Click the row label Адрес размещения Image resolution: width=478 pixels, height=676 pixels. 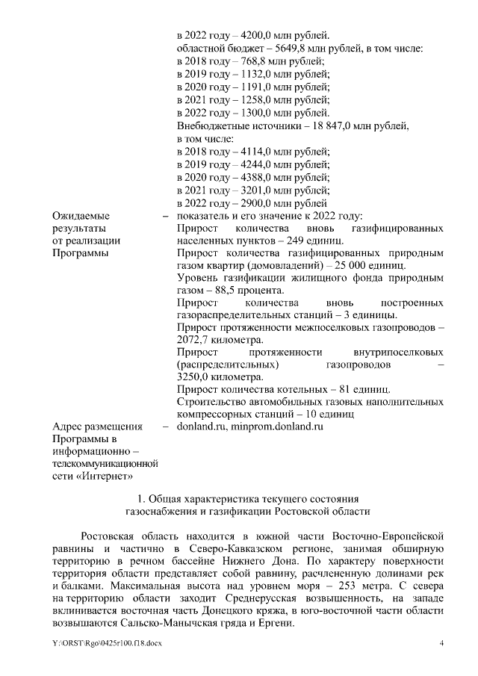pyautogui.click(x=96, y=427)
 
